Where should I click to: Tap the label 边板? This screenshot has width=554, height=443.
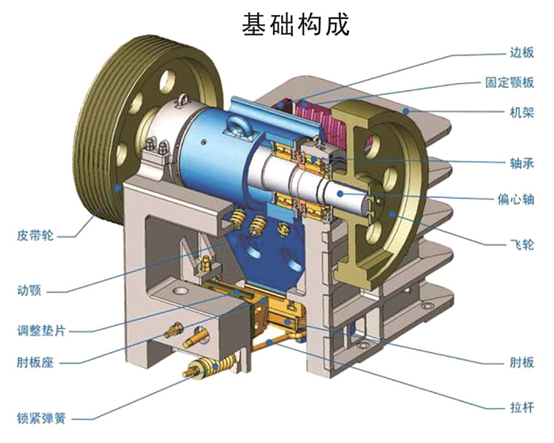pyautogui.click(x=522, y=54)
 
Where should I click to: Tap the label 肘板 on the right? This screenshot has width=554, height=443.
pyautogui.click(x=522, y=362)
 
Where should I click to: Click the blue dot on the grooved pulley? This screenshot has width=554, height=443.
pyautogui.click(x=120, y=187)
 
